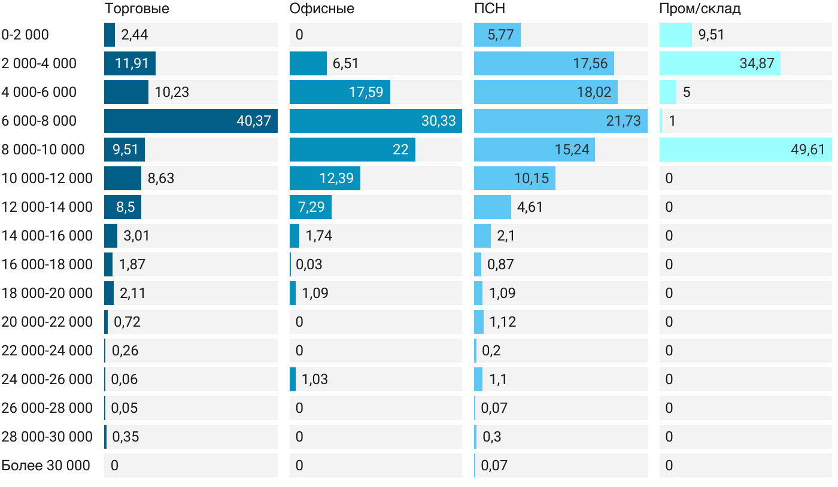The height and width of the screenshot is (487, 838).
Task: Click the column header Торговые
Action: [136, 9]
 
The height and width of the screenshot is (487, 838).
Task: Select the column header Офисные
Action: [321, 9]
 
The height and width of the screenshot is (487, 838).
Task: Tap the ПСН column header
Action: [489, 9]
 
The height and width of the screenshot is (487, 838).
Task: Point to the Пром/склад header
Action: [700, 9]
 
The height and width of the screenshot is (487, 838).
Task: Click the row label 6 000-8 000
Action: [39, 121]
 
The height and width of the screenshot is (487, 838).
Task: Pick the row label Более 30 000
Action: [45, 465]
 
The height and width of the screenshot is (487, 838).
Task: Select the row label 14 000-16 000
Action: [47, 236]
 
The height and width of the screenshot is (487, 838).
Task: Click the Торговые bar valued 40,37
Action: [190, 121]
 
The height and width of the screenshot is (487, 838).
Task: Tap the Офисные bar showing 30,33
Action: [375, 121]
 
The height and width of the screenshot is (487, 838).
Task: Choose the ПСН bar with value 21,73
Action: [560, 121]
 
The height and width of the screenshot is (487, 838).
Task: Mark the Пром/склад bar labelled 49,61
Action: [745, 150]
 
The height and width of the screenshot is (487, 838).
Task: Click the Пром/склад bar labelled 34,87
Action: [719, 63]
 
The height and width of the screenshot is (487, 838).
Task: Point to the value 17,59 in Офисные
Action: [366, 92]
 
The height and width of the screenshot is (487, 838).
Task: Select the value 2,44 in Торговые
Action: [134, 35]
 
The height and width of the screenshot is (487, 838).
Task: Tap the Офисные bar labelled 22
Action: [352, 150]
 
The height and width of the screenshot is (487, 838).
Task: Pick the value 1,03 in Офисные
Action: [315, 379]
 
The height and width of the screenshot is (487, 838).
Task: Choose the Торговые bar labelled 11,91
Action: [130, 63]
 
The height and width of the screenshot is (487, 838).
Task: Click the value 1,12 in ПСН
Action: [502, 322]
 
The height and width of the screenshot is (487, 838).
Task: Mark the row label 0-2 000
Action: [25, 35]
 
